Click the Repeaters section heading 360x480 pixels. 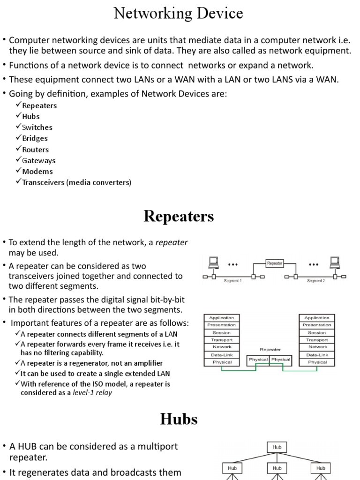tap(179, 216)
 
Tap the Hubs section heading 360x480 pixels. tap(179, 419)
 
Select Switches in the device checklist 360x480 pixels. tap(37, 127)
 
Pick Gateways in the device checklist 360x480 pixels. tap(39, 160)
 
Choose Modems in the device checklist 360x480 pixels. tap(37, 172)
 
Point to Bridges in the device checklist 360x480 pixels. tap(35, 138)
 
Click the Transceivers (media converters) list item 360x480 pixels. tap(76, 182)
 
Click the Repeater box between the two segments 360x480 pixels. tap(275, 263)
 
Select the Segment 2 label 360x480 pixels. tap(315, 281)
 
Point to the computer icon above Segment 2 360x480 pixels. tap(334, 262)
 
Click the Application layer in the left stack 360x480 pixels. tap(222, 318)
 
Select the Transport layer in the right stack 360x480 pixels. tap(317, 340)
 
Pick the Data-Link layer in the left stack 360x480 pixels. tap(222, 355)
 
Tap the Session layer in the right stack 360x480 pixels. tap(317, 332)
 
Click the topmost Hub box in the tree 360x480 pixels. tap(277, 447)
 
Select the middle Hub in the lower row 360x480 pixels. tap(277, 468)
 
